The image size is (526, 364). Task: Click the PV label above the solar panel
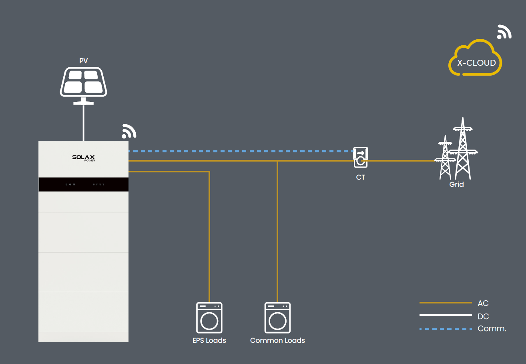84,61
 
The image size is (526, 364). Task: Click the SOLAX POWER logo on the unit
84,158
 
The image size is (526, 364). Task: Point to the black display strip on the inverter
84,184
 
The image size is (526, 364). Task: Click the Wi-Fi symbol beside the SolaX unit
129,131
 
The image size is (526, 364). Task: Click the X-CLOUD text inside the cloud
476,63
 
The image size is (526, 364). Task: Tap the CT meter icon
361,157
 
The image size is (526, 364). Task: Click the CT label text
360,177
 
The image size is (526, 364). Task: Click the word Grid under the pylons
456,184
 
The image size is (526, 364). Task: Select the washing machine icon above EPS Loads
209,317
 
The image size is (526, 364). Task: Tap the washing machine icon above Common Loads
277,317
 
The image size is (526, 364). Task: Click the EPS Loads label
209,340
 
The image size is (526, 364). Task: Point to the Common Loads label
277,340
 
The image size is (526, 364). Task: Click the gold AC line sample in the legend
446,303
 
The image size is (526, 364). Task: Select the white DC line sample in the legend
446,315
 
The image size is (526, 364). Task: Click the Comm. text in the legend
492,328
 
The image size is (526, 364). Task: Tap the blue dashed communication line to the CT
241,151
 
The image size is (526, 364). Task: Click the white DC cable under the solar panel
84,123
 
